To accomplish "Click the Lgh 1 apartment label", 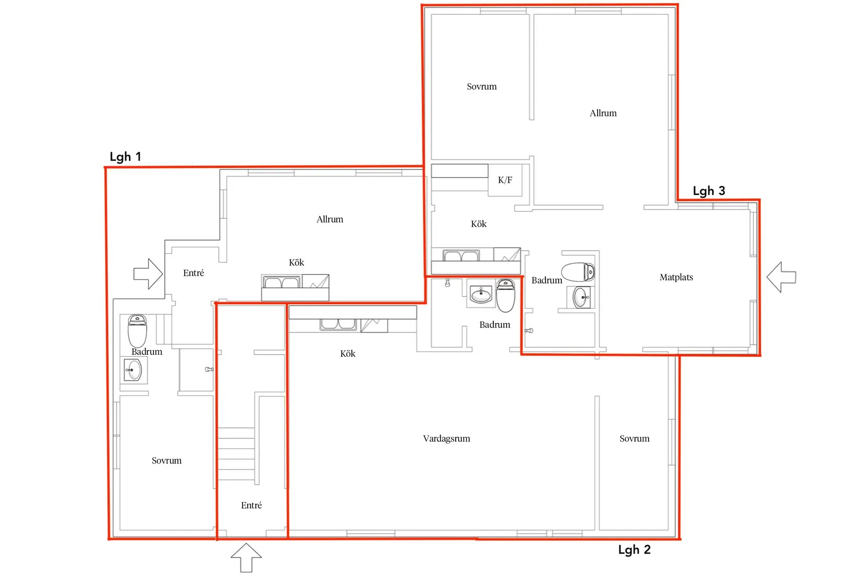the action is pos(125,157).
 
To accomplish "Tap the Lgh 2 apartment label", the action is pos(634,550).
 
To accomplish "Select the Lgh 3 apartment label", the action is pos(709,191).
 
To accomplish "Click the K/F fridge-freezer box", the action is pos(505,180).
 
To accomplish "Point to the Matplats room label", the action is pos(676,277).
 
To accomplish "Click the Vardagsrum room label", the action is pos(447,438).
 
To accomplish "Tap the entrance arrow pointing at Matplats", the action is pos(781,277).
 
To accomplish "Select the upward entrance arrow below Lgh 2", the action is pos(246,557).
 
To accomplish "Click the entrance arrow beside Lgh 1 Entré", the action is pos(148,274).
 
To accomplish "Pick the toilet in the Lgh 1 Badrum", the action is pos(137,331).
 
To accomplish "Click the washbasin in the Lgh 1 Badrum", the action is pos(133,370).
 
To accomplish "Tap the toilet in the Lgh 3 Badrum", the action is pos(578,272).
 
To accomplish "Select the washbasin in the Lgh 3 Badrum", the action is pos(581,297).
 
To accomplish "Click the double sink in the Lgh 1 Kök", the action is pos(282,282).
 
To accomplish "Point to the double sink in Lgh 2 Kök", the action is pos(338,324).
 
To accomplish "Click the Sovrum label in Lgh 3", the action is pos(482,86).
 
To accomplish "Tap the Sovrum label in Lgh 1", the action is pos(167,461).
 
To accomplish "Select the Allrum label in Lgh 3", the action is pos(603,113).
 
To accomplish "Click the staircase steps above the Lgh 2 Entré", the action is pos(236,454).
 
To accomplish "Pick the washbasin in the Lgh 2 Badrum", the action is pos(480,294).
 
